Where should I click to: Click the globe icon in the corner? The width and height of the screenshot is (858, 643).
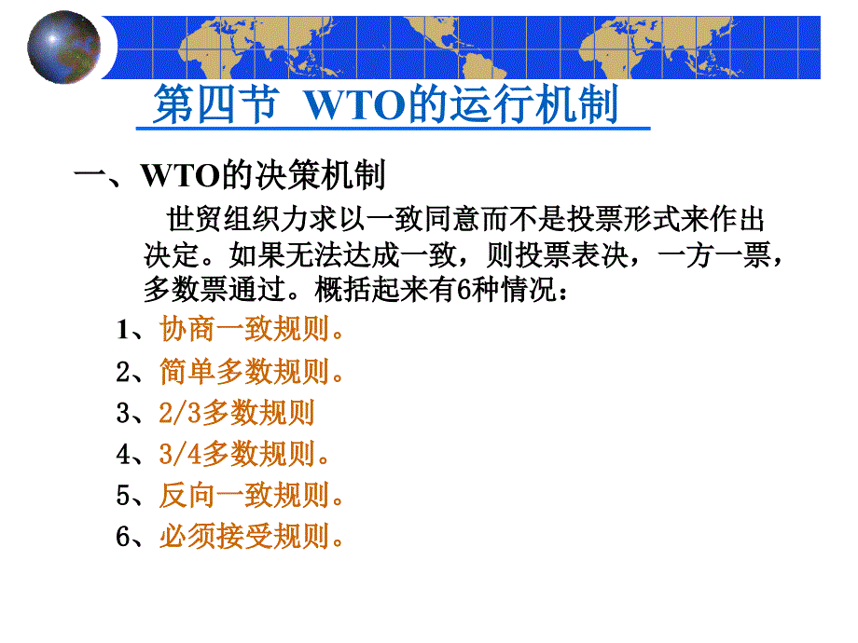click(x=64, y=48)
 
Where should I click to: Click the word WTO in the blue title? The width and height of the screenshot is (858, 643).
click(x=355, y=105)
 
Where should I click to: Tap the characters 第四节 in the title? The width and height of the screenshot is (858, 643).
click(x=215, y=104)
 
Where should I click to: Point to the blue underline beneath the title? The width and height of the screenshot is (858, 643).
click(x=393, y=129)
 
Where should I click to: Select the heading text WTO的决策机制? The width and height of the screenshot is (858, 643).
click(x=263, y=175)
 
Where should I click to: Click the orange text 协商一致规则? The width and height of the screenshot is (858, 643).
click(x=251, y=329)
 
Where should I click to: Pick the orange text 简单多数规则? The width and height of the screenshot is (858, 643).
click(x=251, y=371)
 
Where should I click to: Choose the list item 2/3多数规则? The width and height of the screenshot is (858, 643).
click(x=237, y=413)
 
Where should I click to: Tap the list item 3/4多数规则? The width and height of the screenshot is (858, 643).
click(x=244, y=454)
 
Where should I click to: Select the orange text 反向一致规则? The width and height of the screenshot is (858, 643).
click(x=251, y=496)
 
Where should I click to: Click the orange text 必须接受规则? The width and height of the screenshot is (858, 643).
click(x=251, y=537)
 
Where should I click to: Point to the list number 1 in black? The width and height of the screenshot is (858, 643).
click(x=123, y=330)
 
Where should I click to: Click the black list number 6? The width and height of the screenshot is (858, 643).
click(x=123, y=537)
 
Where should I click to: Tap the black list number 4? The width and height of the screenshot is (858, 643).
click(x=123, y=455)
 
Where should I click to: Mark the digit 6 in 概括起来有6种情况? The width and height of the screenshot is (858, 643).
click(x=464, y=290)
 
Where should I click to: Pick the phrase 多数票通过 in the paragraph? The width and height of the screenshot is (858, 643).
click(x=214, y=289)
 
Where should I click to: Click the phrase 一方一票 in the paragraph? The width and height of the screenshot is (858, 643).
click(x=714, y=254)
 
